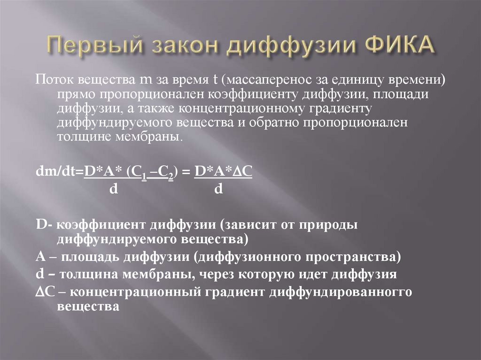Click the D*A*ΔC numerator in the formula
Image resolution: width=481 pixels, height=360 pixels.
224,172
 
